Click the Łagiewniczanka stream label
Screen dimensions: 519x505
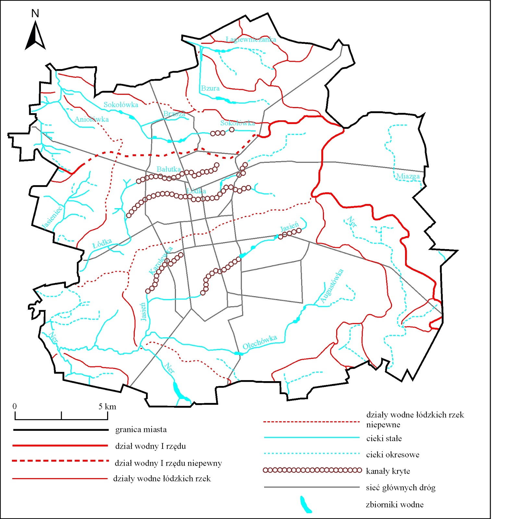click(x=251, y=40)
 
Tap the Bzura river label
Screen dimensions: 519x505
click(x=210, y=88)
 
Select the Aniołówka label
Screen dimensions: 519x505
click(x=92, y=119)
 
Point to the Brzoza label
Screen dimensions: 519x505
click(x=174, y=114)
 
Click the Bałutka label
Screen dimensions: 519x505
click(x=168, y=169)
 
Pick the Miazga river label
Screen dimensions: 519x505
click(x=408, y=176)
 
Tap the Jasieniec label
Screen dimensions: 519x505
click(x=52, y=217)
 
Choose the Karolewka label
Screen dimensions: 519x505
click(x=161, y=260)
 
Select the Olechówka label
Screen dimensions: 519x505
click(x=260, y=342)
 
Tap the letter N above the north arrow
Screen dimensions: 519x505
click(x=35, y=14)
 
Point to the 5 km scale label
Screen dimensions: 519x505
click(x=107, y=407)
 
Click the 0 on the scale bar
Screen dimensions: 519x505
click(x=15, y=406)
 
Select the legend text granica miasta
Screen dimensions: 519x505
click(x=141, y=430)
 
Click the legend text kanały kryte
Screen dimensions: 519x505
click(x=388, y=471)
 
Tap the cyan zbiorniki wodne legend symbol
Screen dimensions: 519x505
click(x=305, y=504)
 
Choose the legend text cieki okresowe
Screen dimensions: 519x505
click(x=392, y=455)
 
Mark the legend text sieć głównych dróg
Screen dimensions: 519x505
click(x=400, y=488)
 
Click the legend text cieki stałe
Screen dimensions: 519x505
click(x=384, y=439)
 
